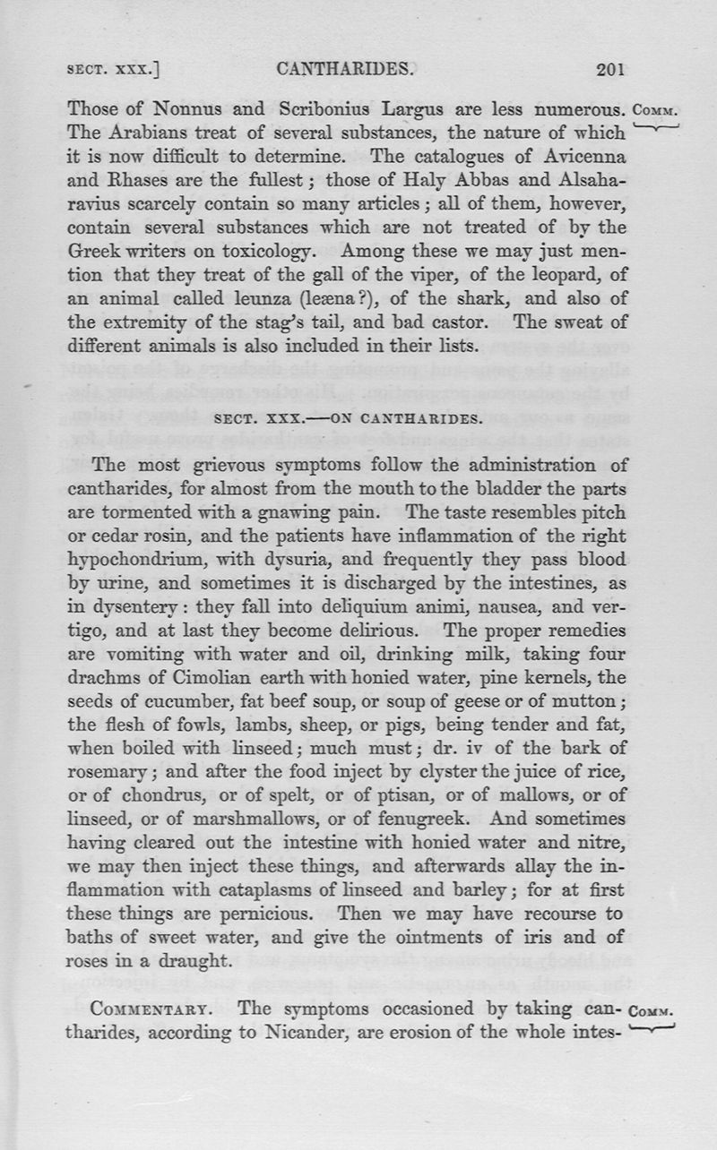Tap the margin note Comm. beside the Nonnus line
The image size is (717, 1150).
point(658,112)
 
